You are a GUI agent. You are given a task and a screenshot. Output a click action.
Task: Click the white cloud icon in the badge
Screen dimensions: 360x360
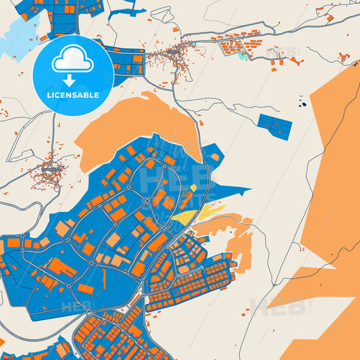[x=73, y=61]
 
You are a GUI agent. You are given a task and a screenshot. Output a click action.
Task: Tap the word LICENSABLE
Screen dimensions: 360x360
[x=73, y=95]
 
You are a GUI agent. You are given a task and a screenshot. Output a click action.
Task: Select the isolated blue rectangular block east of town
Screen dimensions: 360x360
[x=274, y=126]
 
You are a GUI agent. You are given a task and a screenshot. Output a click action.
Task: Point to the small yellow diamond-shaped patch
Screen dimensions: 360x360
[x=194, y=188]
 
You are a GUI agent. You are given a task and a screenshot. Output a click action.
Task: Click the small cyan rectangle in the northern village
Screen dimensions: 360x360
[x=242, y=55]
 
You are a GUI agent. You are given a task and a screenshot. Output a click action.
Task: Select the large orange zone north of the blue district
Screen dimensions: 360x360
[x=142, y=125]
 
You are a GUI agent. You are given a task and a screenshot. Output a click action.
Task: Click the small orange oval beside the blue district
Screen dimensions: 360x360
[x=215, y=157]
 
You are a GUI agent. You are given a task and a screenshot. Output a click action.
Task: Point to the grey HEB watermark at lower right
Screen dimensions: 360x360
[x=270, y=307]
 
